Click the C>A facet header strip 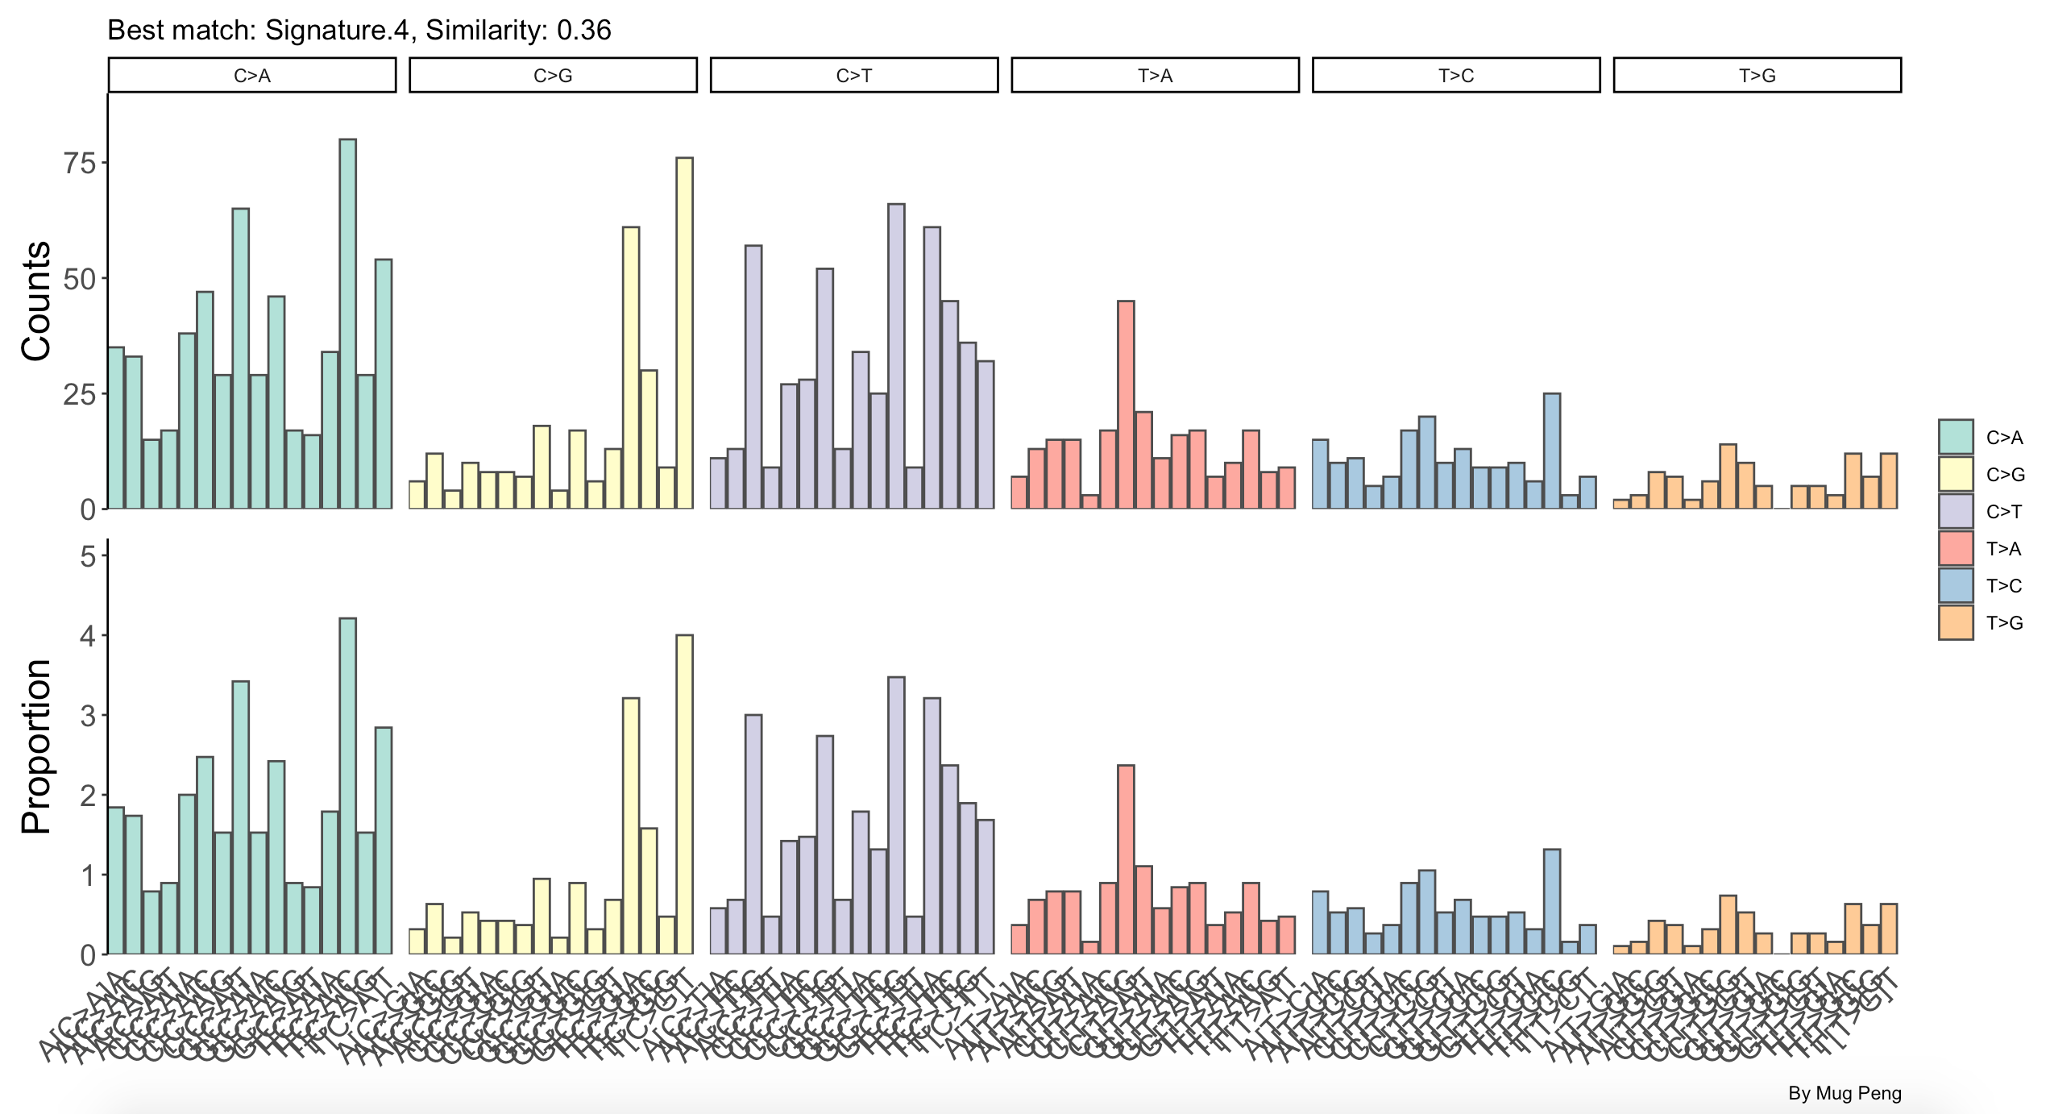tap(252, 76)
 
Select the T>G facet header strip tap(1757, 76)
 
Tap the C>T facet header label tap(854, 76)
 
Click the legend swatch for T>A tap(1956, 549)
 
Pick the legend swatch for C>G tap(1956, 475)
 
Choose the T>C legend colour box tap(1956, 586)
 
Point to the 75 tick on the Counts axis tap(80, 164)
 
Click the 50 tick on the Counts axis tap(80, 280)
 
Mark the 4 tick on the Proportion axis tap(88, 636)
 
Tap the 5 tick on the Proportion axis tap(88, 556)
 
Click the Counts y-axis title tap(36, 301)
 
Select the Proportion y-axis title tap(36, 746)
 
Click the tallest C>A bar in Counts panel tap(347, 322)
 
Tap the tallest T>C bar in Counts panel tap(1552, 451)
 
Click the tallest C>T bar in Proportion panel tap(896, 814)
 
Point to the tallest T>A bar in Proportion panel tap(1126, 859)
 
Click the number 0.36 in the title tap(584, 31)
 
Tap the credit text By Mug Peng tap(1845, 1093)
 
